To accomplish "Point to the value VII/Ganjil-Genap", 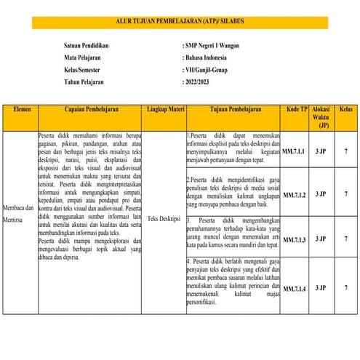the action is (212, 69).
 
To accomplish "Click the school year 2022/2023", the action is (202, 82).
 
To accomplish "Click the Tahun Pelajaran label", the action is (85, 82).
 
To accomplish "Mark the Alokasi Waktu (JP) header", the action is (321, 116).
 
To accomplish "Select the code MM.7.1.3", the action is (294, 239).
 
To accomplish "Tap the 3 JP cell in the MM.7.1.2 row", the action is (320, 195).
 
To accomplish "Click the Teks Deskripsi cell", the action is (164, 217).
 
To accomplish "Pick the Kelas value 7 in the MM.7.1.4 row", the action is (345, 289).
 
